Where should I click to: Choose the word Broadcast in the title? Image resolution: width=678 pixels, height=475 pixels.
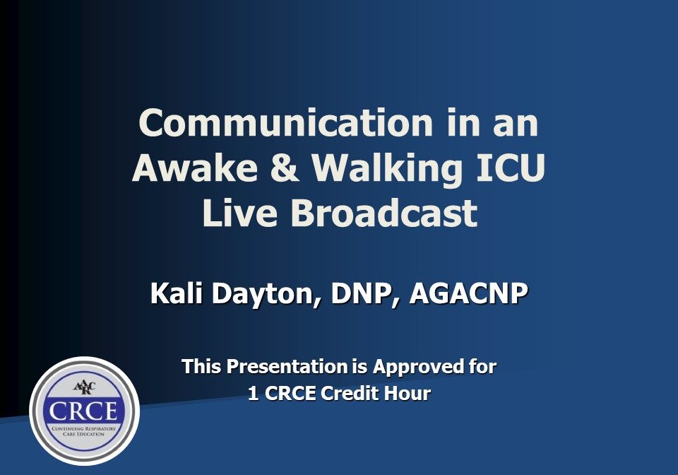(x=383, y=213)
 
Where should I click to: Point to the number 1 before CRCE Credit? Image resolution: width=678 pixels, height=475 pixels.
(x=253, y=394)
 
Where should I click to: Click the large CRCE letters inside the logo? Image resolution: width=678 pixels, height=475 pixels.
(x=84, y=412)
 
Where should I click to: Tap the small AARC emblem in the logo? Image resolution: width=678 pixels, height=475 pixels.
(x=84, y=388)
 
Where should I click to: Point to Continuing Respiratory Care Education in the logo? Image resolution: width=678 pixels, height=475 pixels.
(x=84, y=432)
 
